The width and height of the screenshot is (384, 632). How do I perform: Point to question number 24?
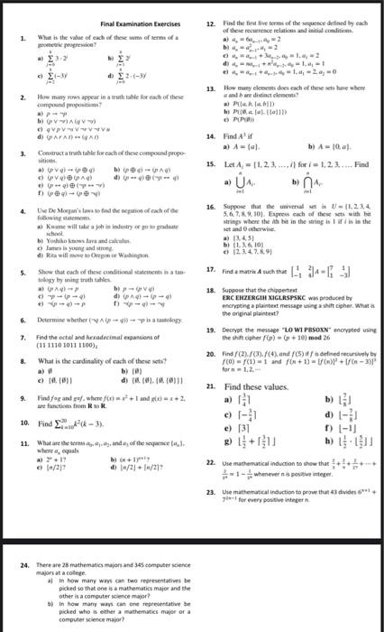(23, 539)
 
